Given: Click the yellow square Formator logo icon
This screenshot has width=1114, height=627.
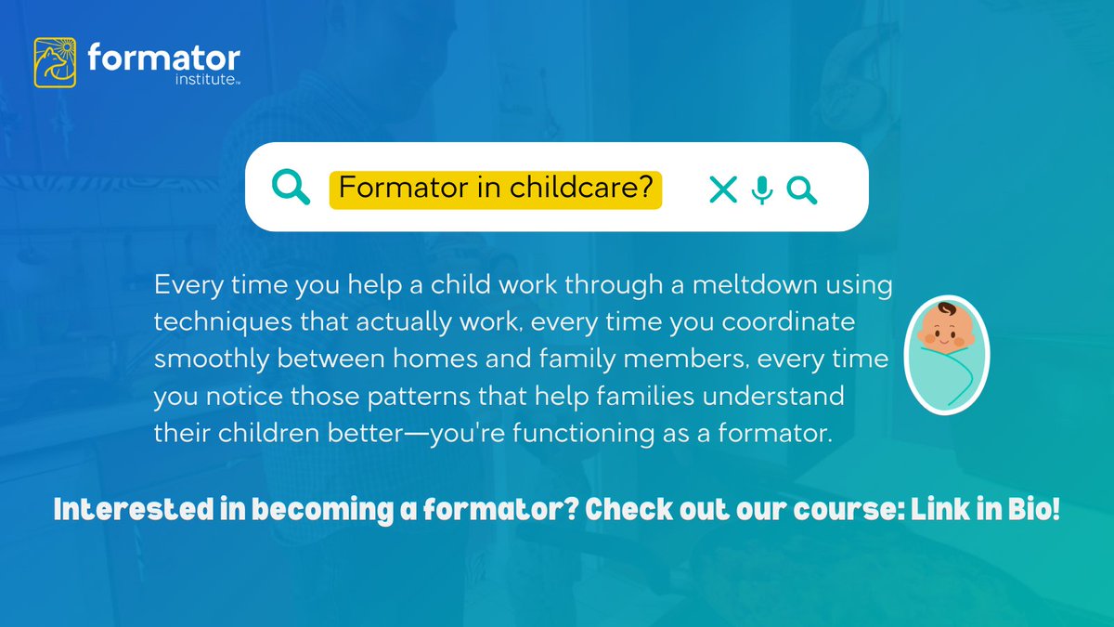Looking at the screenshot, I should coord(55,62).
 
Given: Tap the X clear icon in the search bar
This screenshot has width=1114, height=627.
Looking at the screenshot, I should coord(722,189).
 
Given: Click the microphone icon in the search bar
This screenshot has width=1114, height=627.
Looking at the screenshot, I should coord(761,189).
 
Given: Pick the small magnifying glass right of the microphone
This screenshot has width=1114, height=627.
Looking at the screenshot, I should coord(801,189).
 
